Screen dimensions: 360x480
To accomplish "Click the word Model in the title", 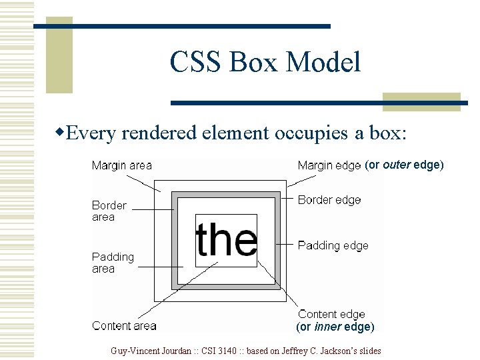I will click(x=323, y=62).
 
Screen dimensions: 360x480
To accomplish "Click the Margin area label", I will click(x=122, y=165).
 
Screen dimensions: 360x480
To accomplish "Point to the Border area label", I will click(x=109, y=211).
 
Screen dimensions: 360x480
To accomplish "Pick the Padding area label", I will click(x=113, y=263).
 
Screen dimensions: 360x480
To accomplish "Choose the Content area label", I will click(x=124, y=326).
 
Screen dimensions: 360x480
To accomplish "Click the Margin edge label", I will click(x=329, y=165).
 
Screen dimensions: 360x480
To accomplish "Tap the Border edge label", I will click(x=329, y=200).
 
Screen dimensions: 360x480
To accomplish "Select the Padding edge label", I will click(x=333, y=245).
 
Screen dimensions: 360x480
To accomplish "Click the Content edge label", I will click(x=331, y=314).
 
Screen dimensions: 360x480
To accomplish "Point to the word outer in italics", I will click(x=397, y=165).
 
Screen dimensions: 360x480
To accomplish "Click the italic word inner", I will click(x=327, y=327).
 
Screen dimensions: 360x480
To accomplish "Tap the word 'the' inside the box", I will click(x=226, y=240).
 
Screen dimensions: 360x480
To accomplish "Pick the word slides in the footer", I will click(x=369, y=351).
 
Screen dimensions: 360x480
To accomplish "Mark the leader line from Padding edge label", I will click(x=285, y=244).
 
